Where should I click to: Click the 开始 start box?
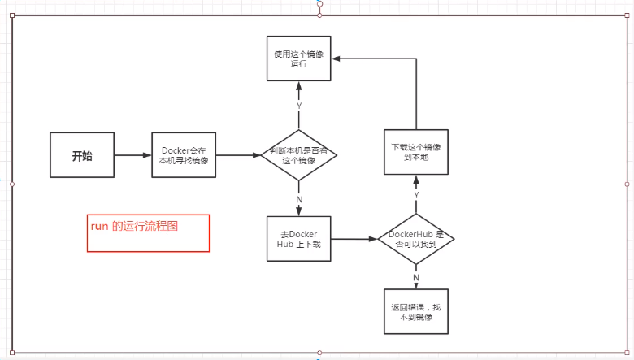[x=81, y=156]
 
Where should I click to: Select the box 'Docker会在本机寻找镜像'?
[x=184, y=155]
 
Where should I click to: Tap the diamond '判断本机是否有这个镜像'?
[x=299, y=155]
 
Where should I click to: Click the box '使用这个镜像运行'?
[x=299, y=58]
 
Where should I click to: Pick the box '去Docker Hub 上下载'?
[x=298, y=239]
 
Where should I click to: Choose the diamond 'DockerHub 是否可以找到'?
[x=416, y=239]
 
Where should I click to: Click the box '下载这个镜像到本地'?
[x=416, y=152]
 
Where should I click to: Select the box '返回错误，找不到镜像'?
[x=416, y=311]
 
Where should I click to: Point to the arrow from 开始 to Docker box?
[x=132, y=155]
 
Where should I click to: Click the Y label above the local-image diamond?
[x=299, y=106]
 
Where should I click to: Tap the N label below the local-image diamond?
[x=299, y=199]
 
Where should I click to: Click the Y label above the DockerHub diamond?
[x=416, y=195]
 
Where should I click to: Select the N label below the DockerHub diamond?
[x=416, y=277]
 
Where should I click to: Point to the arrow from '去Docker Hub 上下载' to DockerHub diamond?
[x=354, y=239]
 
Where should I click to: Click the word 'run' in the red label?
[x=99, y=227]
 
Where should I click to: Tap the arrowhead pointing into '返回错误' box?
[x=416, y=284]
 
